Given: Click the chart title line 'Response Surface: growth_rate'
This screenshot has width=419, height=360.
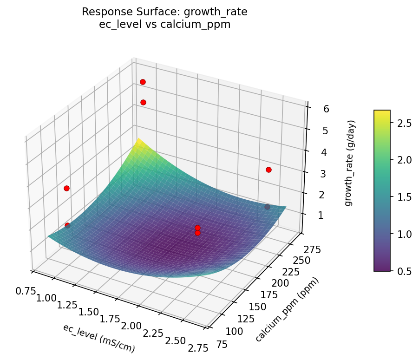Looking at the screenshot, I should [x=164, y=12].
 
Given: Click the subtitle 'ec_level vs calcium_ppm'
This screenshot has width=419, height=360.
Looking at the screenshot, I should [x=164, y=25].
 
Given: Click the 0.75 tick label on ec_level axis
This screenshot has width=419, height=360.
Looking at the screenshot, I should [x=26, y=291].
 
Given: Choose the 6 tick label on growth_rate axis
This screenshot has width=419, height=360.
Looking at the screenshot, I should [x=314, y=109].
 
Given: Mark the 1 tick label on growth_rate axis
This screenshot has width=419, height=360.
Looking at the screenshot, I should [x=314, y=215].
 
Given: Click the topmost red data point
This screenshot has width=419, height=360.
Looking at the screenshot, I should [x=143, y=82].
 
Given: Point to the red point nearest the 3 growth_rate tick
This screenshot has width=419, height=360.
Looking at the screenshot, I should [x=268, y=170].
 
